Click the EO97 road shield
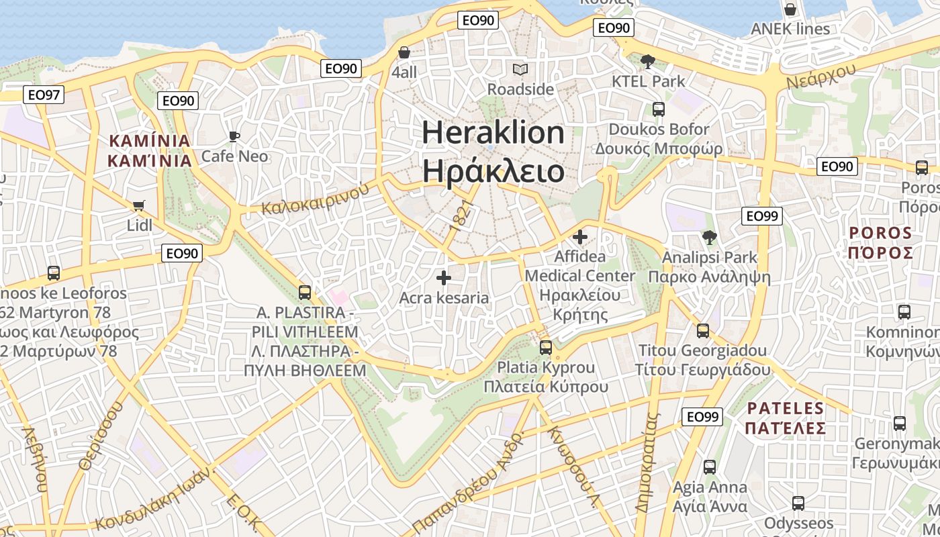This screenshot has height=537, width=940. (44, 95)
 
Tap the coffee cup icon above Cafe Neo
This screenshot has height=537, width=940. (234, 137)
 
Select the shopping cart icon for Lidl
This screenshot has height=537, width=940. (139, 205)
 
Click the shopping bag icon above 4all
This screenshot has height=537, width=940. (404, 52)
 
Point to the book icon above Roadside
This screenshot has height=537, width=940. (520, 69)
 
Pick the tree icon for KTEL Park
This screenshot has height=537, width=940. (648, 62)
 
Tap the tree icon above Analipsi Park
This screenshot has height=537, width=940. (709, 237)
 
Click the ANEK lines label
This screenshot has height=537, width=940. (790, 29)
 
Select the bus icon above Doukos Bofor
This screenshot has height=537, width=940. (659, 109)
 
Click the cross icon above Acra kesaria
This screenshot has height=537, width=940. (443, 277)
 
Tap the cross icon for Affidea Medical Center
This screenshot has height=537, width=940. (580, 236)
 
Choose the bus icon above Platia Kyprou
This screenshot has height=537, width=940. (546, 348)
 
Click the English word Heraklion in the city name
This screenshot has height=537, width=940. (493, 133)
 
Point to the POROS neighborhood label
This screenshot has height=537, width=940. (881, 233)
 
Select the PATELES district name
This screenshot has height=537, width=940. (786, 408)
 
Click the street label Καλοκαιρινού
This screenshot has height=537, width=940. (316, 199)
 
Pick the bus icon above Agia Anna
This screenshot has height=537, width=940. (710, 467)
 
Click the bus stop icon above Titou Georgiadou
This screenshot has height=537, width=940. (703, 331)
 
